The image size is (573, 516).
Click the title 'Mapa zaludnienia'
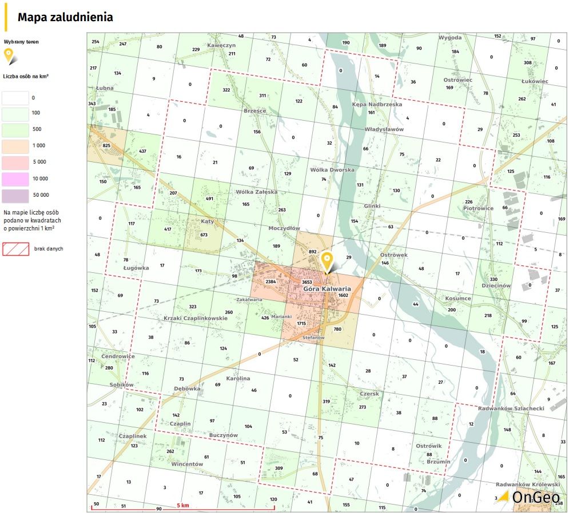pos(65,17)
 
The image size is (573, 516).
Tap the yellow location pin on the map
pos(327,261)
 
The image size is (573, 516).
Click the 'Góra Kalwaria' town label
pos(327,289)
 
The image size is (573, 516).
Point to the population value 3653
pos(307,282)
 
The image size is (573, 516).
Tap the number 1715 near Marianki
pos(302,324)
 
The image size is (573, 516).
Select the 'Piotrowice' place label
pos(479,208)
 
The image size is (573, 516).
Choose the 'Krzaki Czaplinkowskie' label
pos(196,318)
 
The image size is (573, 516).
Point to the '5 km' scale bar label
pos(183,506)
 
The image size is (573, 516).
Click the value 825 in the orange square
pos(106,146)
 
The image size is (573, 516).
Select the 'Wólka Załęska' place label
pos(257,192)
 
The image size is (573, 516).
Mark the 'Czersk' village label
pos(369,394)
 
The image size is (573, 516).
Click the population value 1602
pos(344,295)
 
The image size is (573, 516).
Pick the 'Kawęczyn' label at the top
pos(221,45)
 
